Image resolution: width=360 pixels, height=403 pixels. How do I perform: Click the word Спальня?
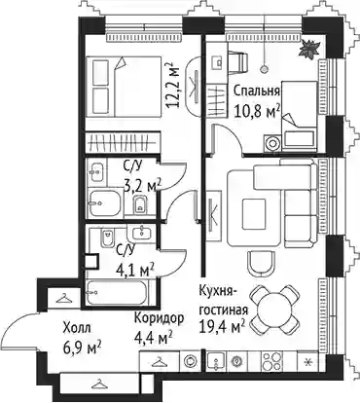[257, 92]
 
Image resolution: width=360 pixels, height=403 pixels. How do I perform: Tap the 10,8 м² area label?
[257, 112]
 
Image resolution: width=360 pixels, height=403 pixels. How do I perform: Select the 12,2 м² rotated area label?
[172, 85]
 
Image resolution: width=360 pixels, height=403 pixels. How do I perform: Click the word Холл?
[77, 328]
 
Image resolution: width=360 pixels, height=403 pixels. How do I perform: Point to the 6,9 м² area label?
[83, 348]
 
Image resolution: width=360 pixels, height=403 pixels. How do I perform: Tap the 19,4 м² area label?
[222, 328]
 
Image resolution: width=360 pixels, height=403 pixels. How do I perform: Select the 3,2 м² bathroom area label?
[142, 185]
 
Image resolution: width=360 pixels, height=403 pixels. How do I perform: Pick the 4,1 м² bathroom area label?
[135, 270]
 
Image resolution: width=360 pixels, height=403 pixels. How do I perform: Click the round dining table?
[274, 310]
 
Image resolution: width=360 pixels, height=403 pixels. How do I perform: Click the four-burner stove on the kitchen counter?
[271, 361]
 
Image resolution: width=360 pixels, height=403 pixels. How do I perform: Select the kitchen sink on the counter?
[217, 361]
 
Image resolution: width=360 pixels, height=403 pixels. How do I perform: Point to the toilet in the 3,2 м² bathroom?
[140, 204]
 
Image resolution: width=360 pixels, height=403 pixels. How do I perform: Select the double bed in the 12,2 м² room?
[124, 87]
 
